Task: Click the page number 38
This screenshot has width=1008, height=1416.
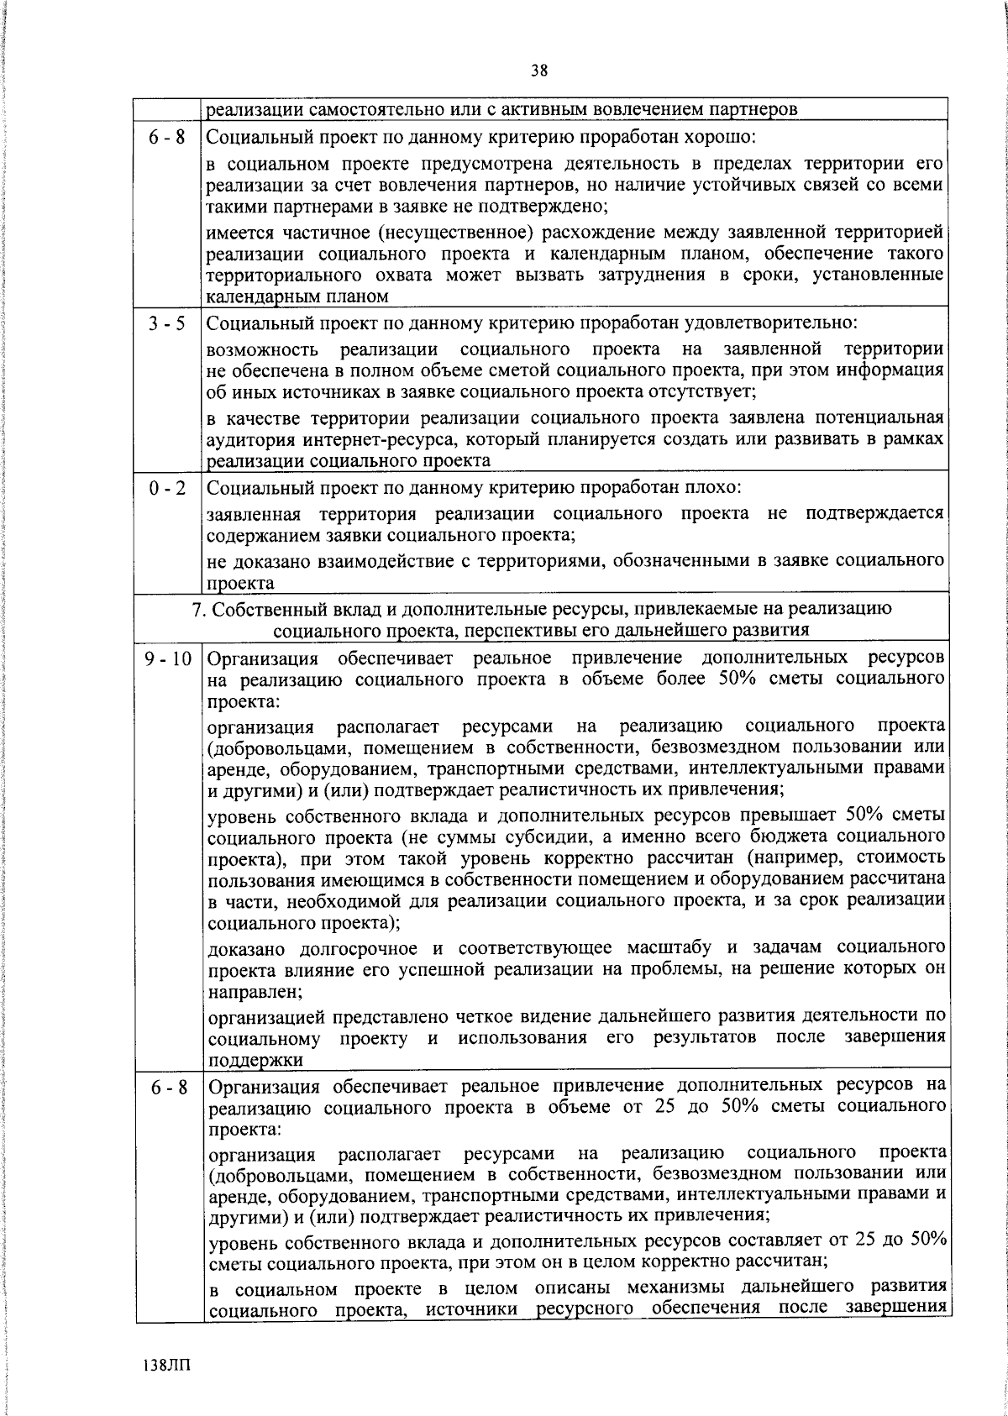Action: [x=538, y=71]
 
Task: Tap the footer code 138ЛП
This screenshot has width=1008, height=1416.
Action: [x=166, y=1363]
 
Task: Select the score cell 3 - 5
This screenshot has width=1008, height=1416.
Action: [x=168, y=323]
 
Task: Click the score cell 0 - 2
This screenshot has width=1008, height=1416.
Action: [x=168, y=488]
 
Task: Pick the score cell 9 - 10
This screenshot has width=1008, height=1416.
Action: [x=168, y=659]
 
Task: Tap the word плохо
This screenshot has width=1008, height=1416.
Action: [x=712, y=488]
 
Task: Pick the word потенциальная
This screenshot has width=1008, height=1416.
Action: [x=879, y=418]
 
